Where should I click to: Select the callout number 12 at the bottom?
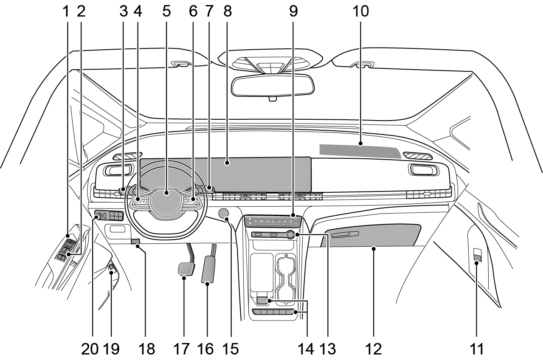pyautogui.click(x=374, y=349)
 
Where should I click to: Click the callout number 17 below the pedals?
pyautogui.click(x=184, y=349)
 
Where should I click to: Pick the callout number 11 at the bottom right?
pyautogui.click(x=477, y=349)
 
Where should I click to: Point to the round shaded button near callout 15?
pyautogui.click(x=224, y=213)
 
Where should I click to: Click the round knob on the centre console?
pyautogui.click(x=290, y=234)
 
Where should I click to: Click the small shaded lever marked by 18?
pyautogui.click(x=135, y=242)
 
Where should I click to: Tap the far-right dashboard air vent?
pyautogui.click(x=423, y=170)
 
